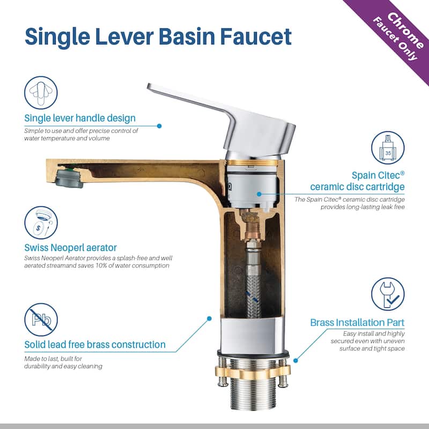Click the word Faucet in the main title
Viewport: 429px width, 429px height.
256,36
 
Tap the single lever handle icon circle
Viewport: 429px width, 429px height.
41,92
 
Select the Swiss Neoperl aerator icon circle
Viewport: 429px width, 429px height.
41,223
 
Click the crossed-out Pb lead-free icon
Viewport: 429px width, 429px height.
41,319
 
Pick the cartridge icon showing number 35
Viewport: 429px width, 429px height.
388,148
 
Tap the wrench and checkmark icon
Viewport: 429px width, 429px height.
388,294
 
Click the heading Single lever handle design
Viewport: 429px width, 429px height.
80,118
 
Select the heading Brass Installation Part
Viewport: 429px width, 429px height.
357,323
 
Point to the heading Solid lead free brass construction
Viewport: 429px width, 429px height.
95,344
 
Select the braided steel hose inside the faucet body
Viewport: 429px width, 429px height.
253,282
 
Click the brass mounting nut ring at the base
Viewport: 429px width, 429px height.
252,372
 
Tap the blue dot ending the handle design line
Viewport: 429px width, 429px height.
159,126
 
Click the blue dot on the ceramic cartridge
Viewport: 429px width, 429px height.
259,194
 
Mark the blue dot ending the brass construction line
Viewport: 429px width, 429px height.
209,319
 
